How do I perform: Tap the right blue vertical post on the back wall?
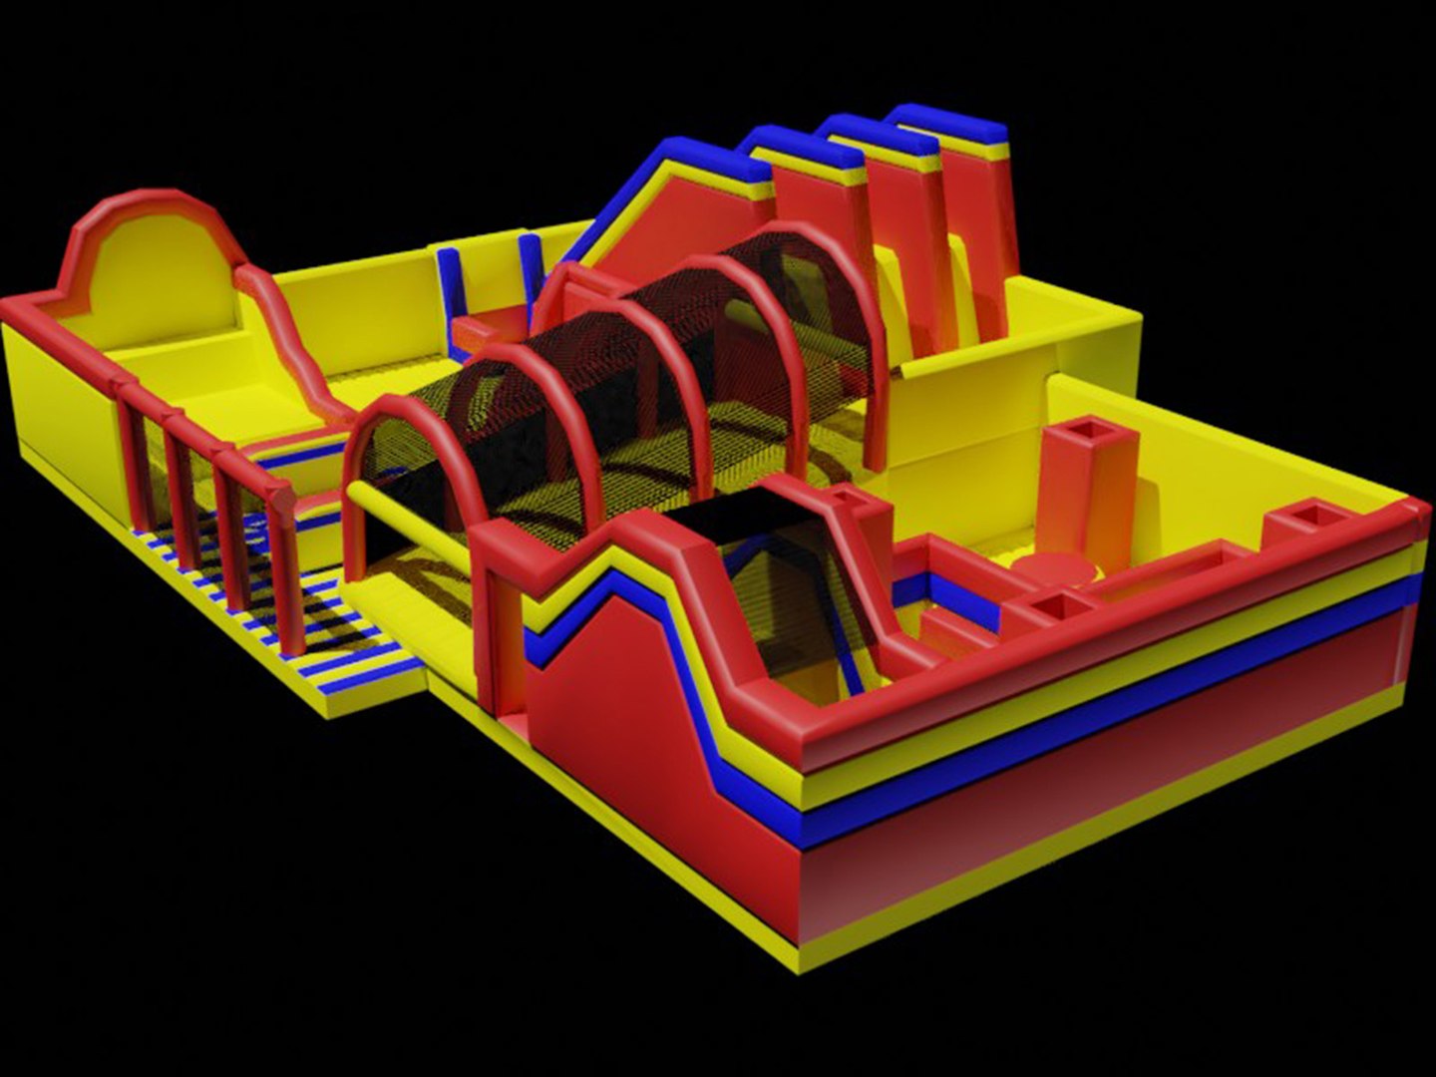[x=530, y=264]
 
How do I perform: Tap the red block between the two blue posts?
[x=489, y=329]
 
